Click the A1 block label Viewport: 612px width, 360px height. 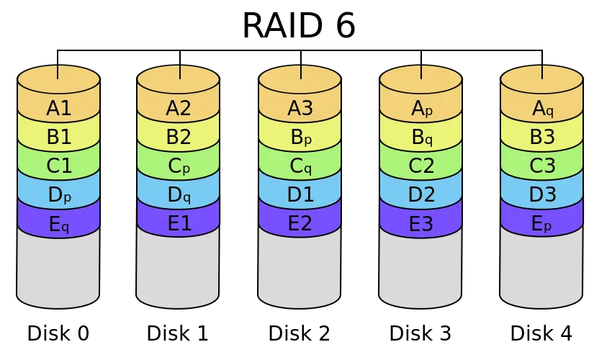(58, 109)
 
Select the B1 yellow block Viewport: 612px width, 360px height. (58, 138)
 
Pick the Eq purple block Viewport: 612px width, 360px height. (58, 224)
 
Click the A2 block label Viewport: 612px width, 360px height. (178, 109)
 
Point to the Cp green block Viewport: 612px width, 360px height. (178, 166)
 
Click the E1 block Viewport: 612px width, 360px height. (178, 224)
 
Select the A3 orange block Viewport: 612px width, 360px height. (300, 109)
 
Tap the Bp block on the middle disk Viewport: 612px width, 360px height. (300, 138)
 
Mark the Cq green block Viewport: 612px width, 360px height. (300, 166)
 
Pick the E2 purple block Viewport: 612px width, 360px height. (300, 224)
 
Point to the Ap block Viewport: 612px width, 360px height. (421, 109)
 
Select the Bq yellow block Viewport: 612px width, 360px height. (421, 138)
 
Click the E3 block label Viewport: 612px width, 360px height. (421, 224)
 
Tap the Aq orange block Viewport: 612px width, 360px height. (542, 109)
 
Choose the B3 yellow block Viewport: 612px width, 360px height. (542, 138)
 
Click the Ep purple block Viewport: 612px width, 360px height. (542, 224)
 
